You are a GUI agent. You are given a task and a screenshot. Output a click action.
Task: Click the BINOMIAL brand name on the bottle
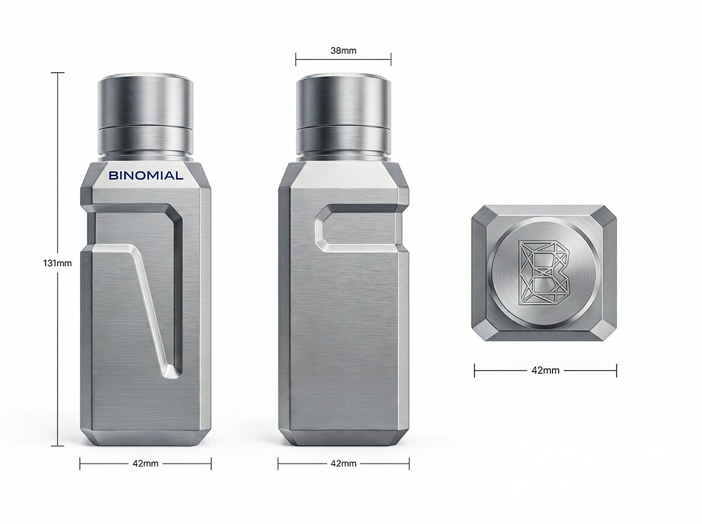(x=145, y=175)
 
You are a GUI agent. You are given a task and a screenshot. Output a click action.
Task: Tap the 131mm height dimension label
(x=57, y=263)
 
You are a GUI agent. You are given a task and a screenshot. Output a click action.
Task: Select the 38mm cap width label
(x=343, y=50)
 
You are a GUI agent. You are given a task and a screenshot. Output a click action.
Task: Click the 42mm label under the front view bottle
(x=145, y=463)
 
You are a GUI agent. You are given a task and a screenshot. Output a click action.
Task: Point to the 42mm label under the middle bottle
(x=343, y=463)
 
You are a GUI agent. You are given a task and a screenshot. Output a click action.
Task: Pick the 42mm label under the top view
(x=546, y=371)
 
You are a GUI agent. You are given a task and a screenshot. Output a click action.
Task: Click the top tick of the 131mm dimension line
(x=57, y=73)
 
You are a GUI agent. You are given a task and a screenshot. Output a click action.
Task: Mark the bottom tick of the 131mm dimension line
(x=57, y=446)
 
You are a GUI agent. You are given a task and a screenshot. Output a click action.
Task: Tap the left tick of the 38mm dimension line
(x=296, y=59)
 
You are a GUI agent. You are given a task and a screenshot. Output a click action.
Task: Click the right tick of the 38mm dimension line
(x=391, y=59)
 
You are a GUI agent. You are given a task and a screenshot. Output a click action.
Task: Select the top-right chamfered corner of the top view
(x=606, y=216)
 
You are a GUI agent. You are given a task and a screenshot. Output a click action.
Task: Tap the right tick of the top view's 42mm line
(x=617, y=371)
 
